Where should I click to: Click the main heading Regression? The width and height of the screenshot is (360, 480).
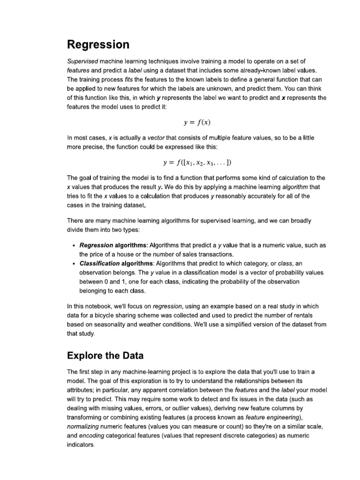pos(98,45)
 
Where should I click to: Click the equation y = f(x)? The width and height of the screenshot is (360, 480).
pos(196,123)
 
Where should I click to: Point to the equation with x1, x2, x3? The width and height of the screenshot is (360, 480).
pos(196,163)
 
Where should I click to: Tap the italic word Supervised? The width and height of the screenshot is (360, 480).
pos(82,61)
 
